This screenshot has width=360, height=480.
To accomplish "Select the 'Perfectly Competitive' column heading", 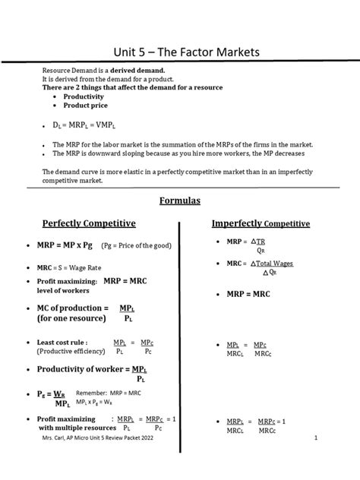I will tap(89, 224).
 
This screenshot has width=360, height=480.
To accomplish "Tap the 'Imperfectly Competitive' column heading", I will tap(261, 224).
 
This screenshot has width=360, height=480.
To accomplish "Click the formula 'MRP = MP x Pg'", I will tap(65, 247).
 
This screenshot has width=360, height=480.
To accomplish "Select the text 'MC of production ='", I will tap(69, 308).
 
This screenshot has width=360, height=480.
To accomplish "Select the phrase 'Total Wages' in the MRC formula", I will tap(273, 264).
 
